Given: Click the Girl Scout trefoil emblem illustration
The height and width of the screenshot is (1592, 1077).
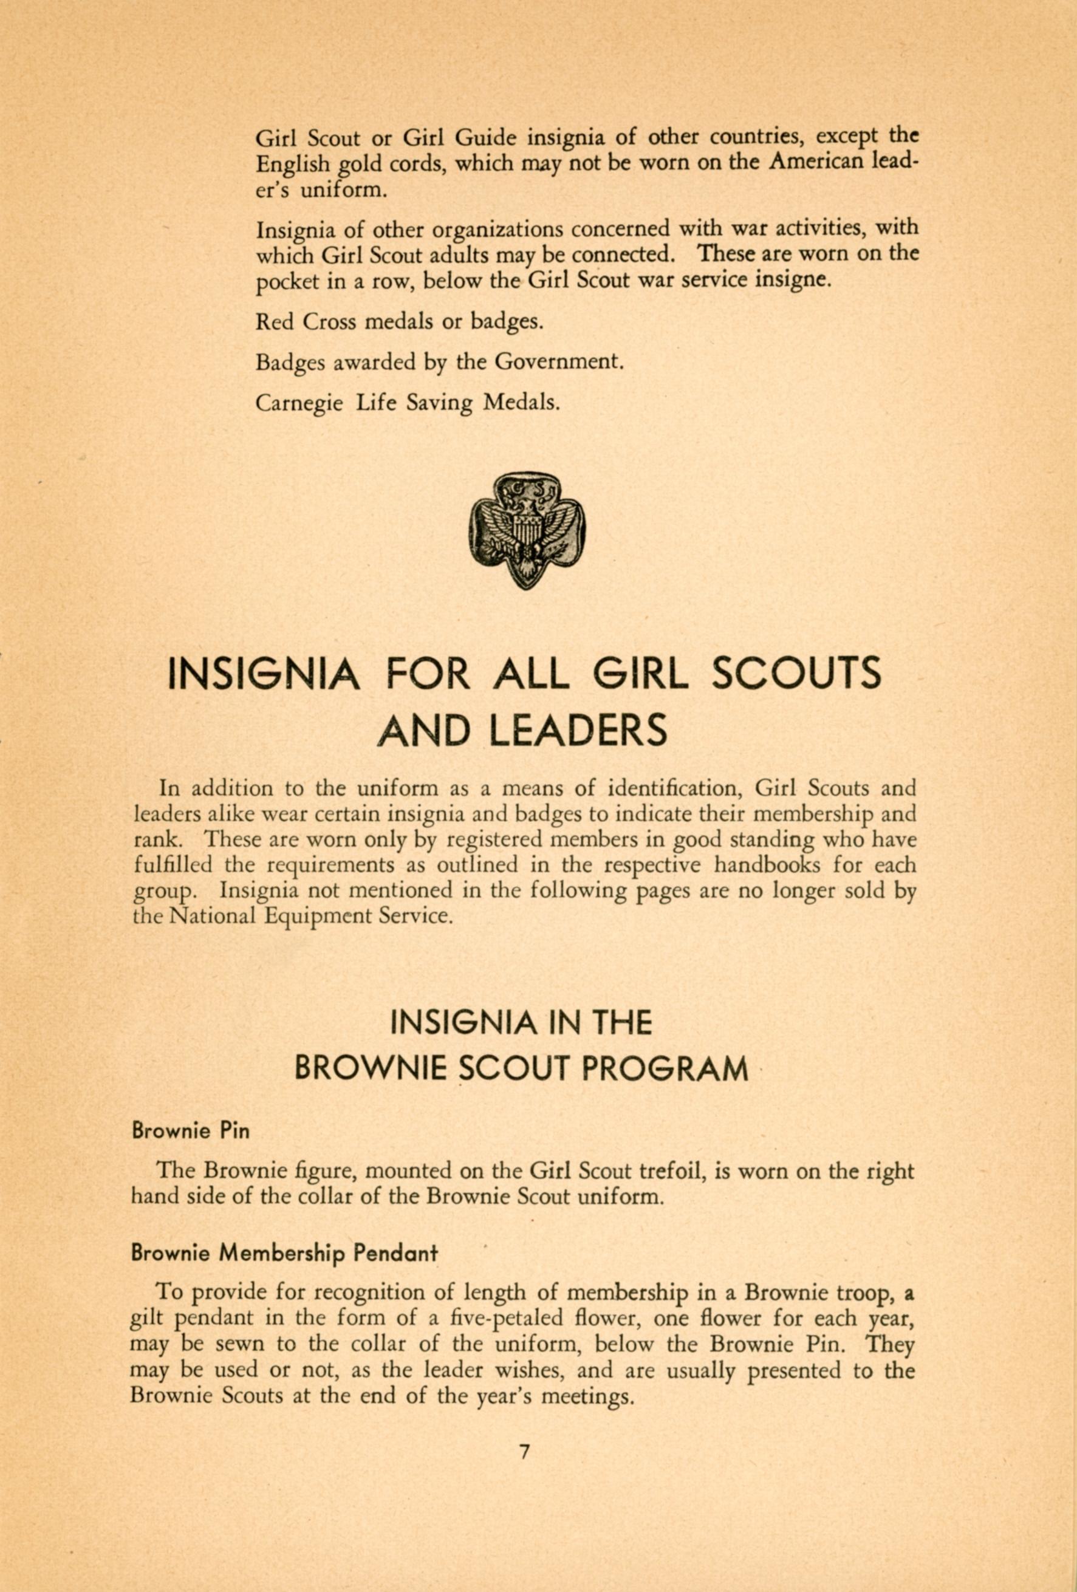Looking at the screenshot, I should pyautogui.click(x=527, y=531).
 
